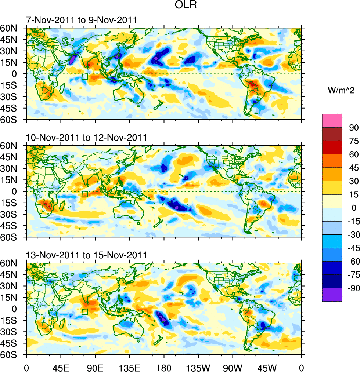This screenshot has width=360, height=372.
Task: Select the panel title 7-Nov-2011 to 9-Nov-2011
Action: click(81, 20)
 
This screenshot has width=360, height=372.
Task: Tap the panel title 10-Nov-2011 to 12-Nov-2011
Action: click(86, 138)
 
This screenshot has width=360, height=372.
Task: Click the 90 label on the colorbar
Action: click(354, 127)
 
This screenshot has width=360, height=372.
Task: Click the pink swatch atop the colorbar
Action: click(332, 120)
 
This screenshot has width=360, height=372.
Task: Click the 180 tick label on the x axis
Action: click(164, 367)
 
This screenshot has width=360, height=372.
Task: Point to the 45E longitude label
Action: click(61, 367)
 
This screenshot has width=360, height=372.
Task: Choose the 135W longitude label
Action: click(198, 367)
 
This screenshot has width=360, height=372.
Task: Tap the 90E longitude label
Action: click(95, 367)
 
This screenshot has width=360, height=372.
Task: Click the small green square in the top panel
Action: click(85, 77)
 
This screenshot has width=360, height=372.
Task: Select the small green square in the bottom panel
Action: click(85, 312)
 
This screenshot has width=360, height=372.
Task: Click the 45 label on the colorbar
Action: click(354, 168)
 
